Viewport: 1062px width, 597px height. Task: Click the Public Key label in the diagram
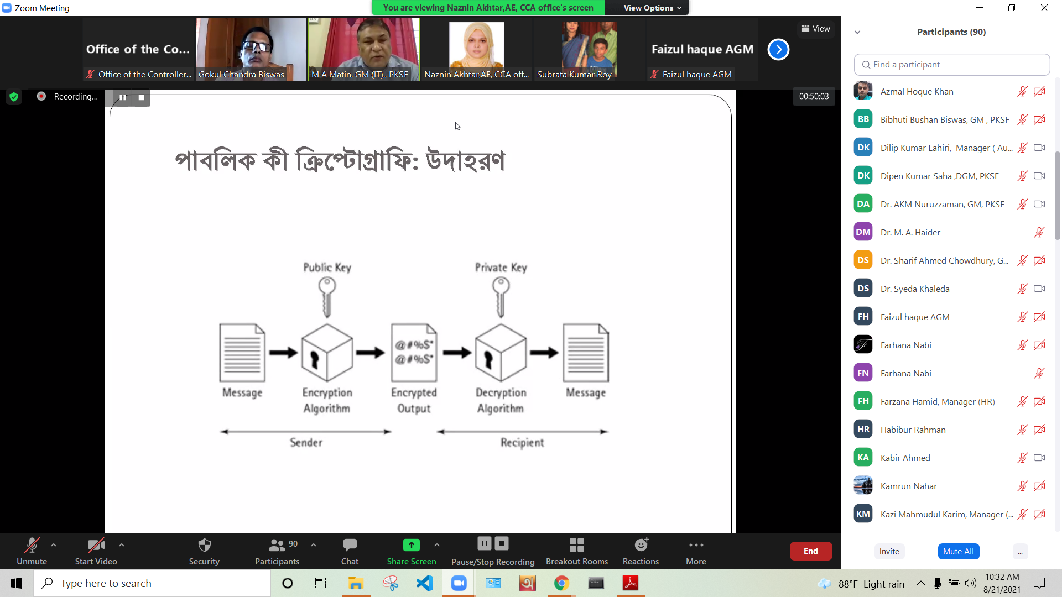click(327, 268)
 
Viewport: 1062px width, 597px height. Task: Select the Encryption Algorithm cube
click(327, 353)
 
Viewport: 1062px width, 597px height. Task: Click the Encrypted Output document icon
click(414, 353)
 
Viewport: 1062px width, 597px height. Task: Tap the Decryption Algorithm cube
click(501, 353)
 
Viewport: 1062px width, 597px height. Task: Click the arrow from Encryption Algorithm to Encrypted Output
click(370, 353)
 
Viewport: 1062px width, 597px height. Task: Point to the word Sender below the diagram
click(306, 442)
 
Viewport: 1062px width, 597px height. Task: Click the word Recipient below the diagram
click(522, 442)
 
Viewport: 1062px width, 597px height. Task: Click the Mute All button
click(959, 551)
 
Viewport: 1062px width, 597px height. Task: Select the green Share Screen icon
click(412, 545)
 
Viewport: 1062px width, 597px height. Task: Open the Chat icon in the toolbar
click(350, 545)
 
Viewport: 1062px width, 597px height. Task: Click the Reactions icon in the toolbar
click(641, 545)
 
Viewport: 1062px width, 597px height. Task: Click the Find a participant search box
click(952, 65)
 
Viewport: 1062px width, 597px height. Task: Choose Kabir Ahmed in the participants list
click(905, 458)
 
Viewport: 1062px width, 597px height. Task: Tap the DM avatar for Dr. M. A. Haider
click(863, 232)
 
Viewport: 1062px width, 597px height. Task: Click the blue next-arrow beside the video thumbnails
click(778, 50)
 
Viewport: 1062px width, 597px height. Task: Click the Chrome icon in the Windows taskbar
click(561, 583)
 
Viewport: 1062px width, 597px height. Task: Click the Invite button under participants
click(889, 551)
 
